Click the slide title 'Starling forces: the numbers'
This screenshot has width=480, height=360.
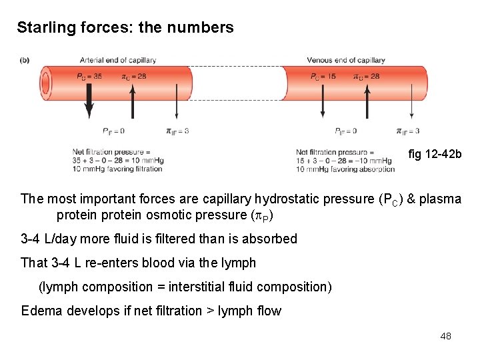pos(125,28)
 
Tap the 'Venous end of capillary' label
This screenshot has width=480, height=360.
pos(346,60)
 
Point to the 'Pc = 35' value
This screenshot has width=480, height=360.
pos(89,76)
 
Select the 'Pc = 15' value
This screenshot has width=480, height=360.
pos(323,76)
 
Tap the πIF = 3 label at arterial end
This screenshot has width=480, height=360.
pos(177,131)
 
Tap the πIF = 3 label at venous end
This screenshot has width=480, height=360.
pos(408,131)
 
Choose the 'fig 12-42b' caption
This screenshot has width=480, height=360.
pos(434,155)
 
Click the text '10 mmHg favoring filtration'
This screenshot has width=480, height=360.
pos(117,169)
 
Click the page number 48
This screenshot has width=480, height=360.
pos(446,336)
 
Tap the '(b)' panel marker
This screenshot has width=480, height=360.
pos(25,60)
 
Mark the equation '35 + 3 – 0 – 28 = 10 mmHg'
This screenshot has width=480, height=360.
pos(118,161)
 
